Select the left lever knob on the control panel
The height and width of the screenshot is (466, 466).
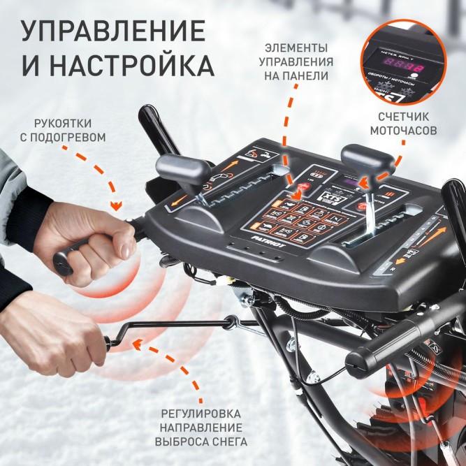184,168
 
